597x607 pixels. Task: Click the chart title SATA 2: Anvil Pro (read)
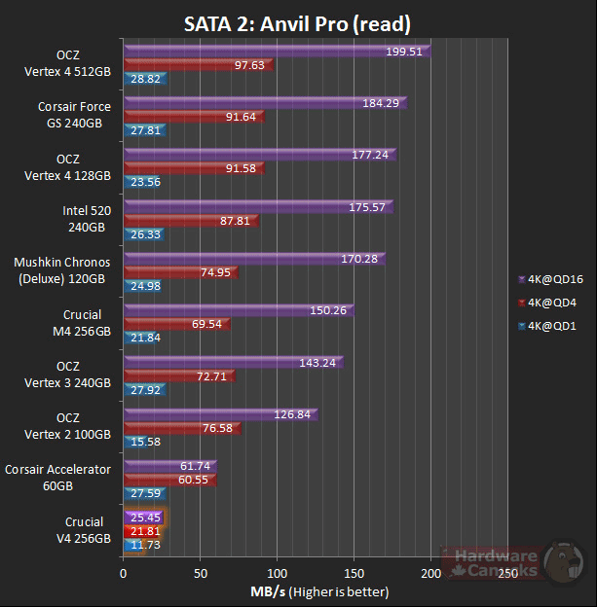(x=297, y=22)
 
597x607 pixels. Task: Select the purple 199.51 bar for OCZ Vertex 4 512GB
(x=277, y=52)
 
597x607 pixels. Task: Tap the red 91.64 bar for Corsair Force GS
(x=193, y=117)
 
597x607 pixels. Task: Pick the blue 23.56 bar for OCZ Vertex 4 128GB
(x=144, y=181)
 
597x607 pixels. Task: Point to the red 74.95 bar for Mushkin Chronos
(x=180, y=272)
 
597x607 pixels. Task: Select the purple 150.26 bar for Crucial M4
(x=239, y=310)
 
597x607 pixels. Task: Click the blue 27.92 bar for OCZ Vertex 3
(x=144, y=388)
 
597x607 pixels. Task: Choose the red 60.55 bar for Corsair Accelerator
(x=169, y=480)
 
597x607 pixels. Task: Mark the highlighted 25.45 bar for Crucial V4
(x=143, y=518)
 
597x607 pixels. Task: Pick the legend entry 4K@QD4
(x=550, y=303)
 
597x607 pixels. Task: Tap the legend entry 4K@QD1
(x=550, y=327)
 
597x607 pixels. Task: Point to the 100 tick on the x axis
(x=278, y=574)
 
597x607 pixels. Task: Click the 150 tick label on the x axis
(x=354, y=574)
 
